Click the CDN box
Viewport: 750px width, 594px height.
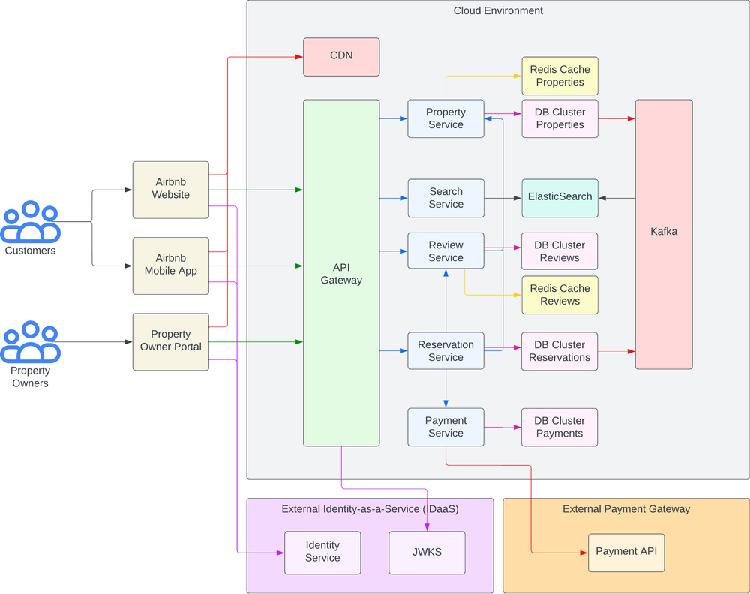coord(341,56)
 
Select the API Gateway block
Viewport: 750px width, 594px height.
coord(341,273)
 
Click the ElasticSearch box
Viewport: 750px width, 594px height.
coord(559,198)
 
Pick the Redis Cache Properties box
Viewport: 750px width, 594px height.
coord(559,76)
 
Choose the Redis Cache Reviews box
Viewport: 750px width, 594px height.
coord(559,295)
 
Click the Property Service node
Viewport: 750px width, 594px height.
coord(445,118)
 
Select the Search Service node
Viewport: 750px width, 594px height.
coord(445,198)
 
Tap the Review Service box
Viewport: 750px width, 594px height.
coord(445,251)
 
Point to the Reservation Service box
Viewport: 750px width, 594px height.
coord(445,351)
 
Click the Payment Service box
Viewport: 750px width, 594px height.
coord(445,427)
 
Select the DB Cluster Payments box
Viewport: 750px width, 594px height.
coord(559,427)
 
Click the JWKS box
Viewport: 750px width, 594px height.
coord(427,553)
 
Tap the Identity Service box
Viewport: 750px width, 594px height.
coord(322,553)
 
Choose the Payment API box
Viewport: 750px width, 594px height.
coord(626,553)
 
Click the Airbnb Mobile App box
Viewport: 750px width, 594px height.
coord(171,265)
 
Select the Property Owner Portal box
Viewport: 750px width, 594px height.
coord(171,341)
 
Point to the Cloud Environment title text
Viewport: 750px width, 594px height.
coord(498,10)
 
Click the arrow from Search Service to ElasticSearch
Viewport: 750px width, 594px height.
coord(502,198)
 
